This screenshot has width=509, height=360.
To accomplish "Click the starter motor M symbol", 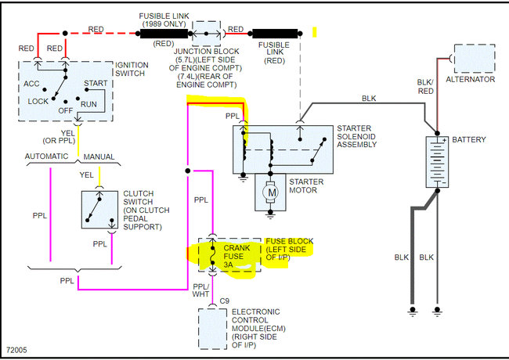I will (x=271, y=191).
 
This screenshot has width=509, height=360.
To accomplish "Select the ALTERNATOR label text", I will (x=470, y=79).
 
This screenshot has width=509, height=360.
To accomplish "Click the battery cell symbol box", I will (x=436, y=162).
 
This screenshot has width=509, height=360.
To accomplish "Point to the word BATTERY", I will (x=468, y=140).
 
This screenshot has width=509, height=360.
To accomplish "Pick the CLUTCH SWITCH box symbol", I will (x=99, y=209).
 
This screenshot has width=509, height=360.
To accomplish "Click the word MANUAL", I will (x=99, y=157).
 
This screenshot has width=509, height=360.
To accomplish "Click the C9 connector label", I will (x=224, y=301).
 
